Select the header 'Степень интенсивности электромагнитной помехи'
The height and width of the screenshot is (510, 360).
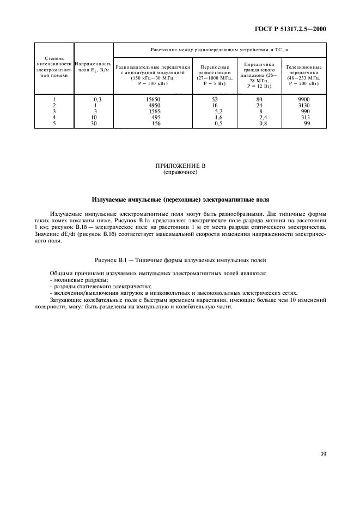[54, 66]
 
